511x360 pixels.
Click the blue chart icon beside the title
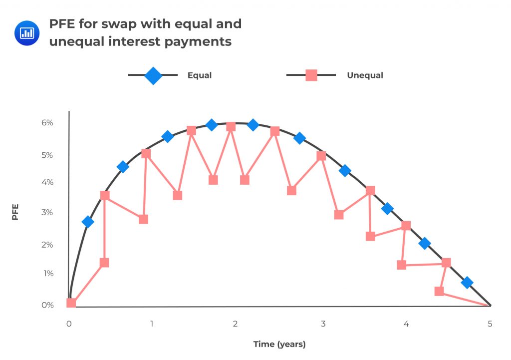click(x=26, y=33)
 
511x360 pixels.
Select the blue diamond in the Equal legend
click(x=153, y=75)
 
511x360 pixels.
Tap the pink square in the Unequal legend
click(x=311, y=75)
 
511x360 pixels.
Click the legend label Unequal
click(x=365, y=75)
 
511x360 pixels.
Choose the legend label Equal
click(x=200, y=75)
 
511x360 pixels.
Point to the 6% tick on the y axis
click(x=47, y=123)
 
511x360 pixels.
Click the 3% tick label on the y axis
click(x=47, y=213)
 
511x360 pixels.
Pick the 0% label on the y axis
click(x=47, y=305)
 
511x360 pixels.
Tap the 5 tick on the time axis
click(x=490, y=324)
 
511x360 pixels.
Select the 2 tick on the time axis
click(x=235, y=324)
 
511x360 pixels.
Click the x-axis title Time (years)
click(x=279, y=344)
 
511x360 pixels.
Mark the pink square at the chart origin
click(x=71, y=303)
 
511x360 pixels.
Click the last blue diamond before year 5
click(x=467, y=283)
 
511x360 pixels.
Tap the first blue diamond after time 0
click(x=88, y=222)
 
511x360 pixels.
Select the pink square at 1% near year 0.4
click(x=104, y=263)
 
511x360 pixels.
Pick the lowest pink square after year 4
click(x=439, y=291)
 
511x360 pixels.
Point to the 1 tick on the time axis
click(x=152, y=324)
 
